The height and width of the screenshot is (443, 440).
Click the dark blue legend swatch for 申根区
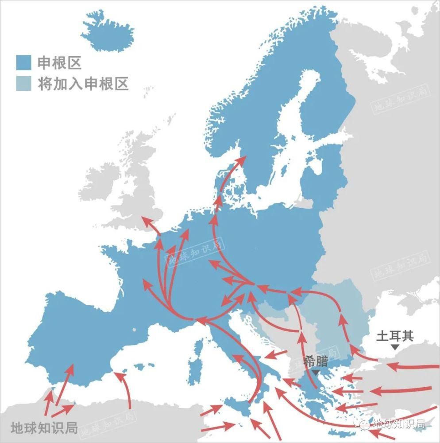[x=23, y=62]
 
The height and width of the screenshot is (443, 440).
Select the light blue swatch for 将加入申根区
[x=23, y=83]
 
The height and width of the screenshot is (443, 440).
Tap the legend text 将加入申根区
[x=83, y=83]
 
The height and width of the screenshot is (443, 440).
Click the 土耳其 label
[x=395, y=335]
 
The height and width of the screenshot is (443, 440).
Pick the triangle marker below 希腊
[x=315, y=372]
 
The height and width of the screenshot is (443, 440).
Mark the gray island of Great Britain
[x=137, y=186]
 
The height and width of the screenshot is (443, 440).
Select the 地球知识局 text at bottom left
[x=44, y=427]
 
